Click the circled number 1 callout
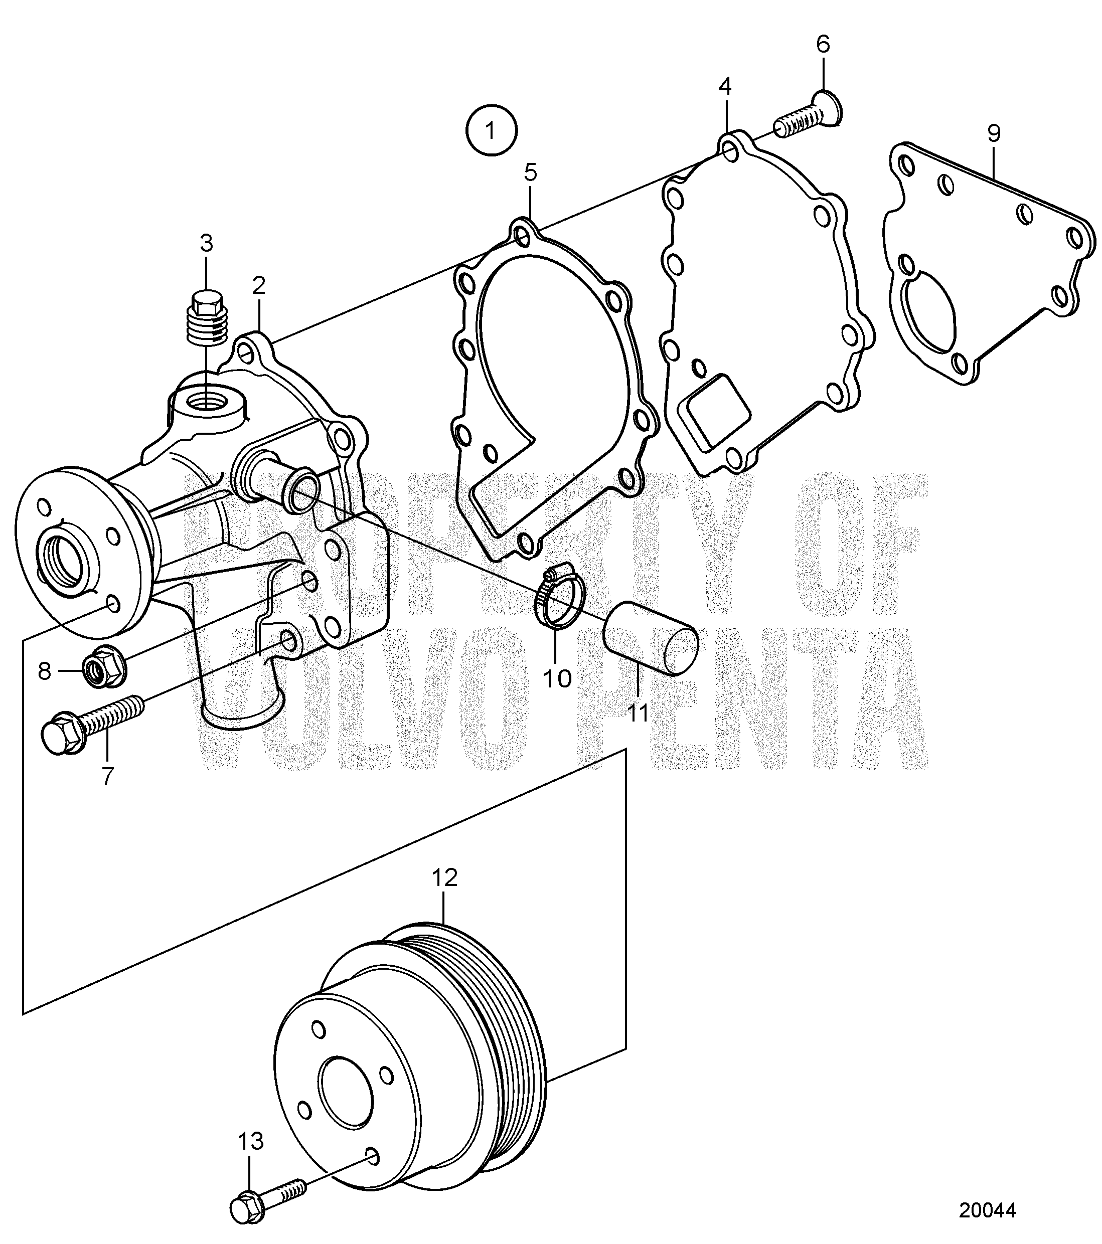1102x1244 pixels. pos(492,130)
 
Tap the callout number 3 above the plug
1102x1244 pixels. pos(207,244)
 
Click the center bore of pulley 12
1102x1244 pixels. pos(346,1093)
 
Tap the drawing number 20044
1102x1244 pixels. pos(988,1210)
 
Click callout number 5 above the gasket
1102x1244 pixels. pos(531,173)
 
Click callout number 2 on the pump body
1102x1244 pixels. pos(259,285)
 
